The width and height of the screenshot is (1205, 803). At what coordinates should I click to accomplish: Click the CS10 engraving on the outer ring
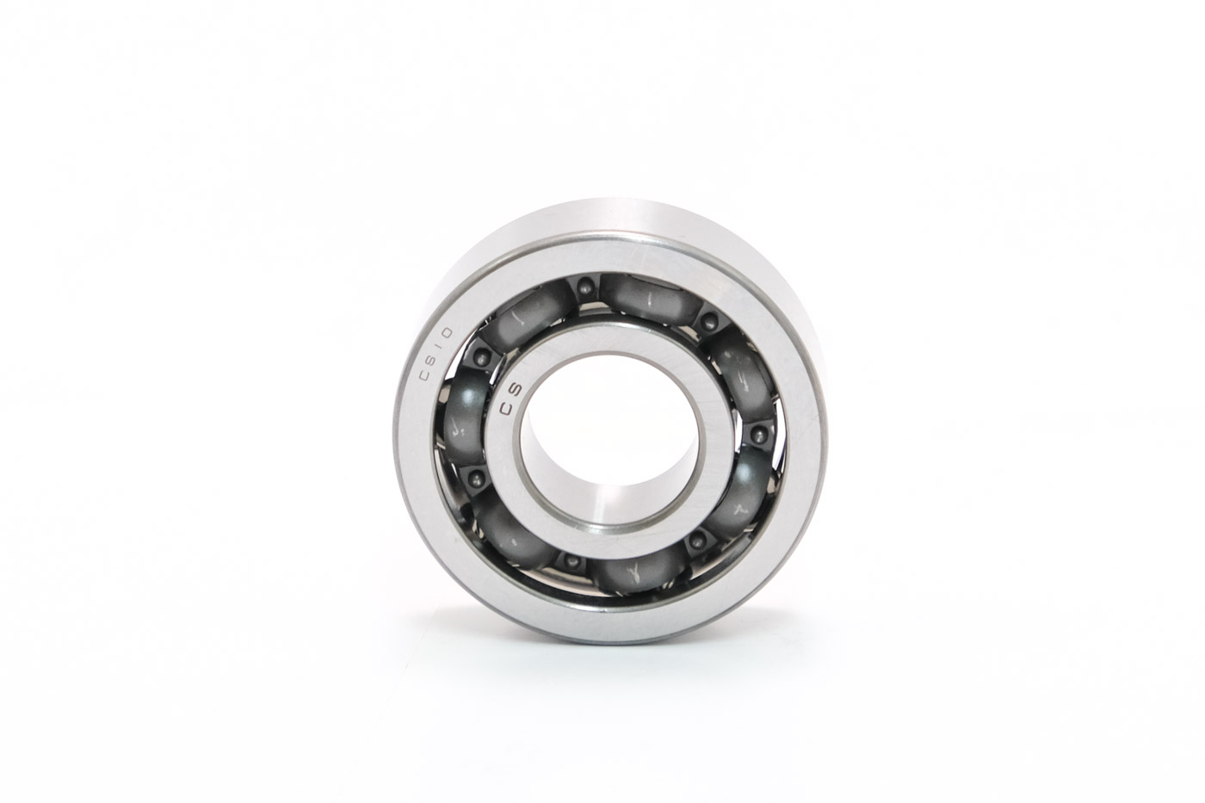click(x=436, y=354)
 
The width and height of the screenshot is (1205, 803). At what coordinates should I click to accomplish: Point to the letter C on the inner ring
click(x=506, y=409)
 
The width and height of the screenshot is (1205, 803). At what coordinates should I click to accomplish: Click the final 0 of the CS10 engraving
click(x=448, y=333)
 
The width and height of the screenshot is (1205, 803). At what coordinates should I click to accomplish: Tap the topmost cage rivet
click(x=585, y=288)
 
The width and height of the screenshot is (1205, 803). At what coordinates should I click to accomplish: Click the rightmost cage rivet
click(x=759, y=435)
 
